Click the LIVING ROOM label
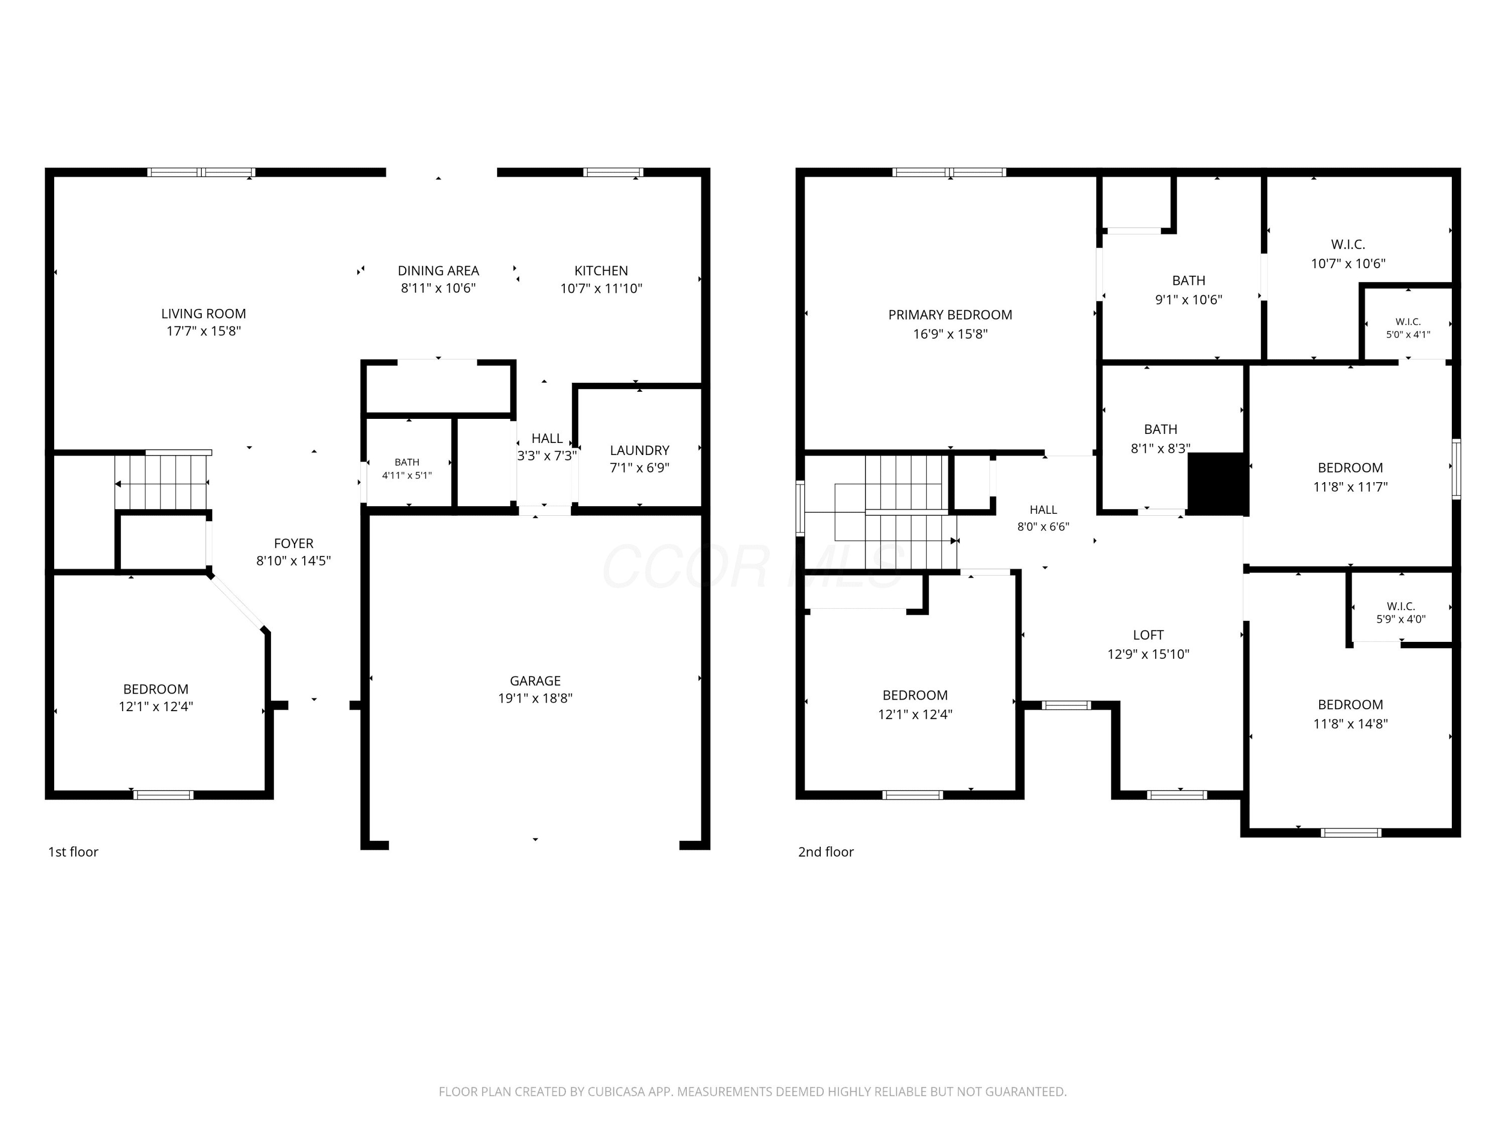click(204, 313)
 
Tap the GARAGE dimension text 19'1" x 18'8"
click(535, 698)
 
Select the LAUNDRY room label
click(640, 450)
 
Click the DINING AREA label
click(438, 270)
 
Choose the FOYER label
click(294, 543)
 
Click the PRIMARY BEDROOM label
click(950, 315)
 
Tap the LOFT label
click(1148, 635)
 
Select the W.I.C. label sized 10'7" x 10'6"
click(1348, 245)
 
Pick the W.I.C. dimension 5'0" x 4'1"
click(1408, 334)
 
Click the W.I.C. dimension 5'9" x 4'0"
click(1401, 619)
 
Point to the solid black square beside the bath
click(1217, 483)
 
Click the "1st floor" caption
click(73, 852)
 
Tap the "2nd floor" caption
click(826, 852)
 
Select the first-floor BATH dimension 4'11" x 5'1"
click(407, 476)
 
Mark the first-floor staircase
click(161, 482)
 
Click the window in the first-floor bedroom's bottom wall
click(163, 795)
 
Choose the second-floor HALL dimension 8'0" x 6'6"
click(1043, 526)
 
